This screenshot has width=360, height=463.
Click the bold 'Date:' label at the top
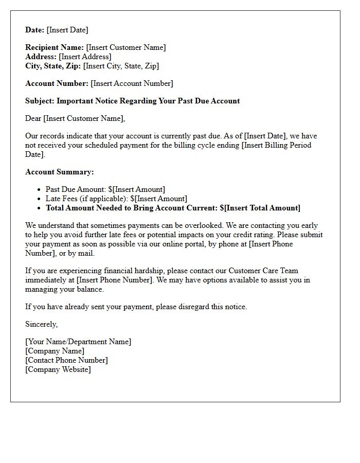pos(35,30)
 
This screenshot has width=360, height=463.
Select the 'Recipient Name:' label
pos(55,47)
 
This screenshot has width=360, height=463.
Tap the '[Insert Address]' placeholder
pos(85,57)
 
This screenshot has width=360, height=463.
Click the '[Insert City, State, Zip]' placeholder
pos(121,66)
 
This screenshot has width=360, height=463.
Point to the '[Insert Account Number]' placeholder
pos(132,83)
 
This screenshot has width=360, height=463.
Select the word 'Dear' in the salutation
pos(33,118)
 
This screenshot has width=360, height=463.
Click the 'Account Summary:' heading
pos(60,172)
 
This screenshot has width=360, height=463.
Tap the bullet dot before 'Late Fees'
pos(39,199)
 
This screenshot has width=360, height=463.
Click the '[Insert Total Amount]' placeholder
pos(262,208)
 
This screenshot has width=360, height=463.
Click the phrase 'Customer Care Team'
pos(263,271)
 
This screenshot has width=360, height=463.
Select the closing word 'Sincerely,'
pos(42,324)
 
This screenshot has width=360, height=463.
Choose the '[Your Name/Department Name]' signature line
pos(78,342)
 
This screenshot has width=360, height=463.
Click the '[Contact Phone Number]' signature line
pos(66,360)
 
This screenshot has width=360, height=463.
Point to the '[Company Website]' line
pos(58,369)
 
